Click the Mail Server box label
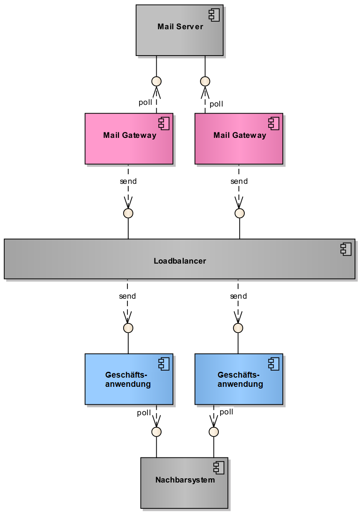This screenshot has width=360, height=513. (x=180, y=27)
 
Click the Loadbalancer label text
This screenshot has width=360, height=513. (x=180, y=261)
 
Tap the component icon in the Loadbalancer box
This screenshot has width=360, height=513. (x=346, y=250)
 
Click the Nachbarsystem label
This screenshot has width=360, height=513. (x=185, y=480)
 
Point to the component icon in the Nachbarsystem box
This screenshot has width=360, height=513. (x=219, y=468)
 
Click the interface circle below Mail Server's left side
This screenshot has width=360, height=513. (x=156, y=81)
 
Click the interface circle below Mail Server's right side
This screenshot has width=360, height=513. (x=205, y=81)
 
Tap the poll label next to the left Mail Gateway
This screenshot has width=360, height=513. (x=145, y=103)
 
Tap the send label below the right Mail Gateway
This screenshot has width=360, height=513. (x=239, y=181)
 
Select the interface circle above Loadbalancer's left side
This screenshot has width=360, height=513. (x=128, y=213)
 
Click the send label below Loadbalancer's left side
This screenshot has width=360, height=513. (x=127, y=296)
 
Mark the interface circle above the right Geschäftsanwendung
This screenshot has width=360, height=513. (x=238, y=328)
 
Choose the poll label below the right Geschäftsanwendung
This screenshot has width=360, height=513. (x=226, y=412)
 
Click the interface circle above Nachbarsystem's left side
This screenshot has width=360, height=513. (x=156, y=432)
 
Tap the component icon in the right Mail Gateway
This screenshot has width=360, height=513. (x=274, y=124)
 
